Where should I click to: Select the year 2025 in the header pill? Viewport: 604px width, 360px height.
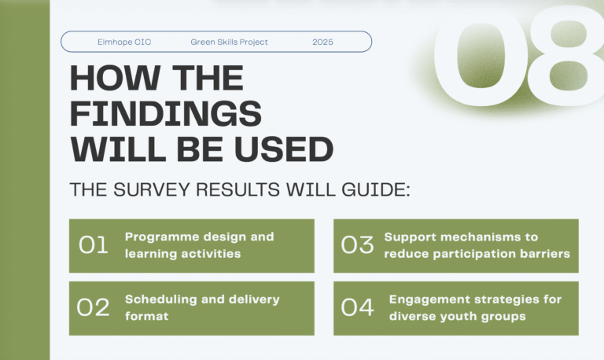(x=322, y=42)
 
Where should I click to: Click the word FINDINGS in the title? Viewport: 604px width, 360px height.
(x=166, y=115)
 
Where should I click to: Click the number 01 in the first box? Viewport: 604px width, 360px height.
(x=94, y=245)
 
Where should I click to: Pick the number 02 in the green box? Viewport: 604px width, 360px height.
(x=94, y=307)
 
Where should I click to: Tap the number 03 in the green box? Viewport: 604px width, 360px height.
(x=357, y=245)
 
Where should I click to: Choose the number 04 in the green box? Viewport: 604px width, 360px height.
(x=357, y=307)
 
